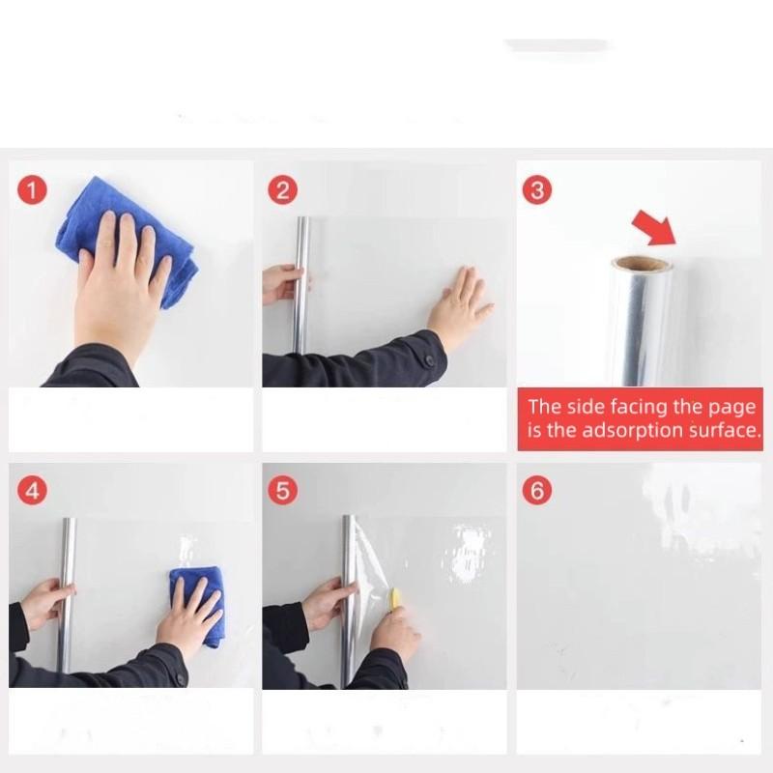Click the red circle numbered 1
(32, 190)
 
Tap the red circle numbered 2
(282, 190)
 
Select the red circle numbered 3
(537, 190)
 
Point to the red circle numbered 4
(32, 491)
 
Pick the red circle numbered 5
(282, 491)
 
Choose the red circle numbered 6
(537, 491)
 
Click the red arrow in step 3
(656, 227)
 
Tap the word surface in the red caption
(725, 430)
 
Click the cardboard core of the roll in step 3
(642, 263)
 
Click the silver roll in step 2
(301, 285)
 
